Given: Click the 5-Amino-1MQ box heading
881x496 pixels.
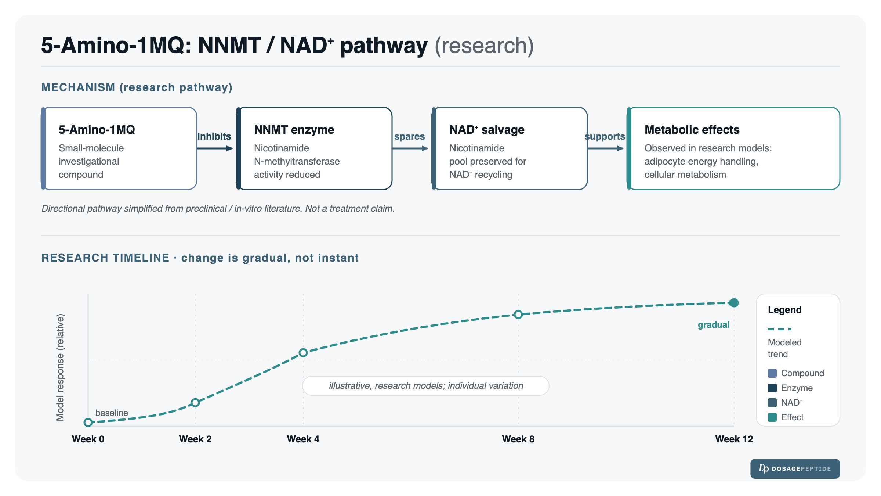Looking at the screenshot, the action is [x=97, y=130].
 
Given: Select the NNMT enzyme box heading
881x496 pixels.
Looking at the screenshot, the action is [x=294, y=130].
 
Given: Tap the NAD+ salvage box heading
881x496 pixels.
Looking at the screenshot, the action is [x=487, y=130].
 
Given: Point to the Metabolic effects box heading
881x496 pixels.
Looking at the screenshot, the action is [x=692, y=130].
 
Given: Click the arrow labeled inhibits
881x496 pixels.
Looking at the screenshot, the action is [x=215, y=148].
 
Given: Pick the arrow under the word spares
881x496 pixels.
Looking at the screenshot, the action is [x=410, y=148].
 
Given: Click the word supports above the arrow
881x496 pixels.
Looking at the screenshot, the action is [x=605, y=137].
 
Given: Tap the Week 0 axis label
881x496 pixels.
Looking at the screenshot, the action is [x=88, y=439].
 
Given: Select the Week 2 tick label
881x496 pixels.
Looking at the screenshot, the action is [x=195, y=439].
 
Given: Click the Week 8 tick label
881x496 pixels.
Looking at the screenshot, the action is [x=518, y=439].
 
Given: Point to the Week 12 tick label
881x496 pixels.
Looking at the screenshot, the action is [x=734, y=439].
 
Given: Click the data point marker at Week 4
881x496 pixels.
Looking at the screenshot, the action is [x=303, y=353].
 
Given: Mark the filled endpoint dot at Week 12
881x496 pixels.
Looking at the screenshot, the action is [x=734, y=303].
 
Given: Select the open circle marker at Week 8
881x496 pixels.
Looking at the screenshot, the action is [x=518, y=315].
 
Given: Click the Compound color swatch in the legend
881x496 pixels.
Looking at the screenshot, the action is [x=772, y=373].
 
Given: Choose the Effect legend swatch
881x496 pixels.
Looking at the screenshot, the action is [x=772, y=417].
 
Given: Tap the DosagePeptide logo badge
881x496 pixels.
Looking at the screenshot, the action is [x=795, y=469].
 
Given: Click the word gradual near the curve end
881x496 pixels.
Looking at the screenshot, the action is [x=714, y=325].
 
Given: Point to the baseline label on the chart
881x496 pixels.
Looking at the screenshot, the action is [x=112, y=413].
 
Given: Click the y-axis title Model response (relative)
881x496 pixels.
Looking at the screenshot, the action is [x=60, y=367].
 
